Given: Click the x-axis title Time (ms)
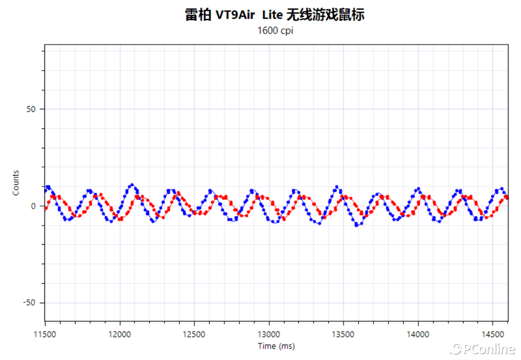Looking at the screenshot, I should coord(276,346).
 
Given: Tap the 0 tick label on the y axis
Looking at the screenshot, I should coord(35,206).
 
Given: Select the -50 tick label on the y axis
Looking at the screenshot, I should coord(30,303).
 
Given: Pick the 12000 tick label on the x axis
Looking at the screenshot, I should coord(120,333).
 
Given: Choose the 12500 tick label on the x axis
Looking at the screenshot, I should coord(194,333).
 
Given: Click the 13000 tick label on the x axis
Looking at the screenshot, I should coord(269,333).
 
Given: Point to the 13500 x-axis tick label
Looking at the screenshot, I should coord(343,333).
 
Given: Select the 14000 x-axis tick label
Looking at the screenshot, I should coord(417,333).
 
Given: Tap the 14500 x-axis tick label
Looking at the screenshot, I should coord(492,333).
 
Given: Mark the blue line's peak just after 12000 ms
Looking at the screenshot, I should coord(132,185).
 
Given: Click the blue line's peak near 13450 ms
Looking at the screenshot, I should coord(336,186).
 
